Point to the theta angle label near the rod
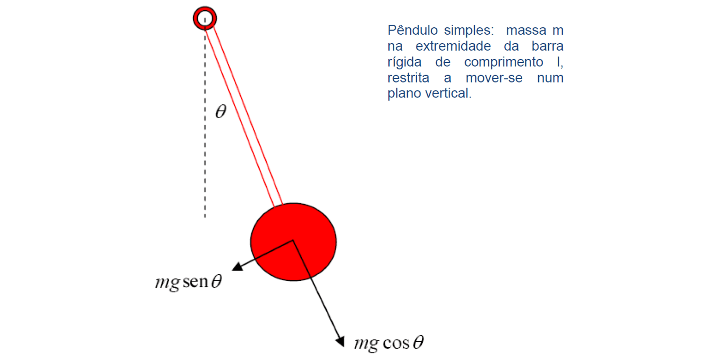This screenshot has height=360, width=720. (x=221, y=111)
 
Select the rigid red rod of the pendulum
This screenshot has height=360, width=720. (x=244, y=116)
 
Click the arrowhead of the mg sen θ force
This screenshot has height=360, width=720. (x=237, y=267)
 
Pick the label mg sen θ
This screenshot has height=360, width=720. (x=189, y=282)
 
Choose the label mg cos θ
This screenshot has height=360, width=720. (x=389, y=343)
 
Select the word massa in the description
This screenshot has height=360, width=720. (x=526, y=30)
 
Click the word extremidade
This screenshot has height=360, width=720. (x=453, y=46)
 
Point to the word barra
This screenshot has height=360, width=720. (x=547, y=46)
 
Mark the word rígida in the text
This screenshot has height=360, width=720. (x=405, y=62)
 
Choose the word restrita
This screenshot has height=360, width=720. (x=408, y=78)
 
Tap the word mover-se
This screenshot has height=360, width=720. (x=494, y=78)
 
